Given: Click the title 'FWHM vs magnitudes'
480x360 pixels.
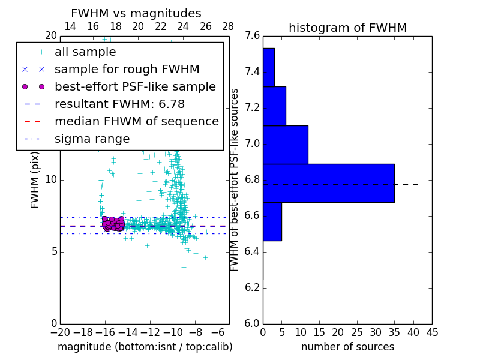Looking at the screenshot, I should click(136, 13).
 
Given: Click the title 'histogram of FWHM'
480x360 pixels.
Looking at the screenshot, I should click(347, 28).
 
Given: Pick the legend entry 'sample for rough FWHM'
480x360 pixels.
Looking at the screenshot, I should click(127, 70).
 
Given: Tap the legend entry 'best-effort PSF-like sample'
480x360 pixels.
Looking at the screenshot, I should click(135, 87).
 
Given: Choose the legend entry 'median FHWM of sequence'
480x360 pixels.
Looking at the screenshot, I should click(136, 122).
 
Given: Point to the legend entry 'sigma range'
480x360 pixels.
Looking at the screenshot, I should click(92, 139).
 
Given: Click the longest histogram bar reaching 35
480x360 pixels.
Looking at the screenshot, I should click(328, 183).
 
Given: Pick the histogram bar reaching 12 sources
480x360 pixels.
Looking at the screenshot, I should click(285, 144).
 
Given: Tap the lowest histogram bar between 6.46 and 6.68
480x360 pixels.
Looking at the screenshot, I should click(272, 221).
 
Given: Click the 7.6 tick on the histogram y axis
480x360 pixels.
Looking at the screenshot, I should click(252, 36).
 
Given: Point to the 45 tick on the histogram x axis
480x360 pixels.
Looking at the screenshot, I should click(432, 331).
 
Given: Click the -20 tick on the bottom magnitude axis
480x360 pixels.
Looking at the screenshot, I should click(60, 331).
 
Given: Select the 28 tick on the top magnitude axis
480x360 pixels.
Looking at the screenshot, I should click(229, 26).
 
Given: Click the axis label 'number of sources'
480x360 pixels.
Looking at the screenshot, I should click(347, 347).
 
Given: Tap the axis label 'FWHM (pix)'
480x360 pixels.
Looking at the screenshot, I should click(35, 180).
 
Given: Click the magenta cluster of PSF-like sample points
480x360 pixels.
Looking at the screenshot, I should click(112, 224).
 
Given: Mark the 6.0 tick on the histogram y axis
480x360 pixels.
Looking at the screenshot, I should click(252, 323).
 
